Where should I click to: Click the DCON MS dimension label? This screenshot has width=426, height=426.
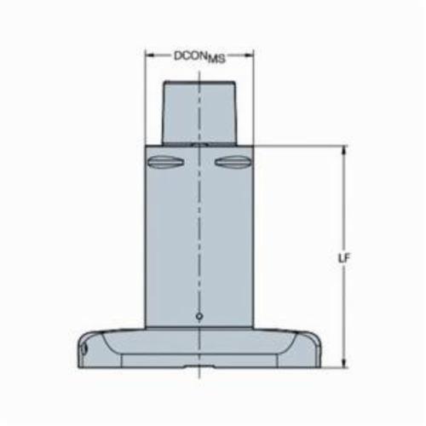tap(199, 56)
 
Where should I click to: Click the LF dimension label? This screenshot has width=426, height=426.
tap(344, 258)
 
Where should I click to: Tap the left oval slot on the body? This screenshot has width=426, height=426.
tap(165, 163)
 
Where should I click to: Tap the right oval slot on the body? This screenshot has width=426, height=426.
tap(233, 163)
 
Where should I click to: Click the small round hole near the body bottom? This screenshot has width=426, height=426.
tap(199, 316)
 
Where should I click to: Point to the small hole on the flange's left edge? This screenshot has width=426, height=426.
tap(83, 349)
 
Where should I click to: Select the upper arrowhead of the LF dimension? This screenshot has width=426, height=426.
tap(344, 151)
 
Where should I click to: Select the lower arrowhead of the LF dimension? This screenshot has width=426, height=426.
tap(344, 363)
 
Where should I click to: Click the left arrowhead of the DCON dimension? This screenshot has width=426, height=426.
tap(150, 55)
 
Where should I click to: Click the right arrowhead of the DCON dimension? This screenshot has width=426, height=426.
tap(249, 55)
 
